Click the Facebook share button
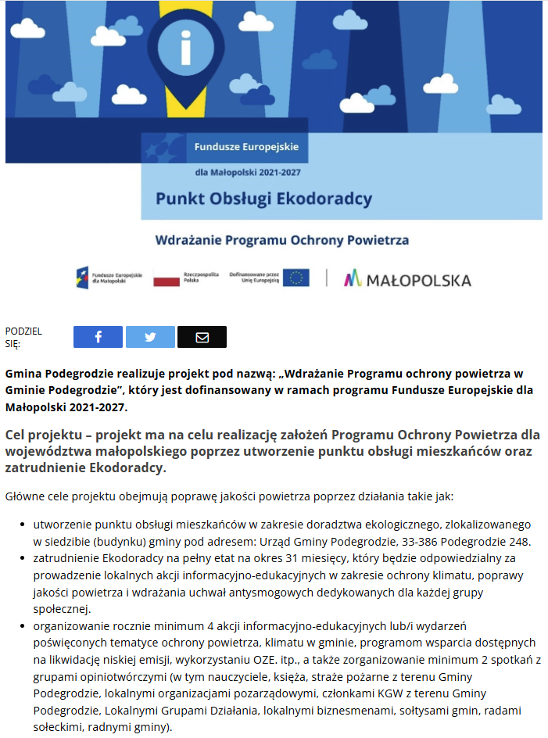click(x=98, y=337)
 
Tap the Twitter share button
click(x=150, y=337)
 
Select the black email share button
click(x=202, y=337)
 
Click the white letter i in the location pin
click(x=185, y=49)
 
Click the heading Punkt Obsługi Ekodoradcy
click(x=263, y=199)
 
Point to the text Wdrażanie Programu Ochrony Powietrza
click(x=281, y=240)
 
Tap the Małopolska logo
click(x=407, y=279)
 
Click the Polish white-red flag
click(x=166, y=278)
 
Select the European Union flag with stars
click(x=295, y=278)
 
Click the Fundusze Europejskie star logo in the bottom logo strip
click(x=83, y=278)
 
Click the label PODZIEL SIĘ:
click(x=23, y=337)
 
